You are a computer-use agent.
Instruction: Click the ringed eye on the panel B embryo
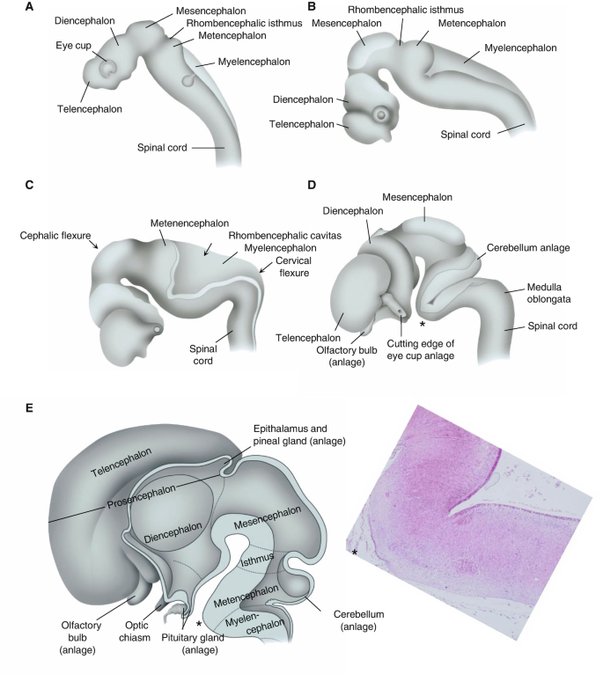381,114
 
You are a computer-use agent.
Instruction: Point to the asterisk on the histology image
354,553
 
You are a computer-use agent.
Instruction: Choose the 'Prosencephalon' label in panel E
141,505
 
